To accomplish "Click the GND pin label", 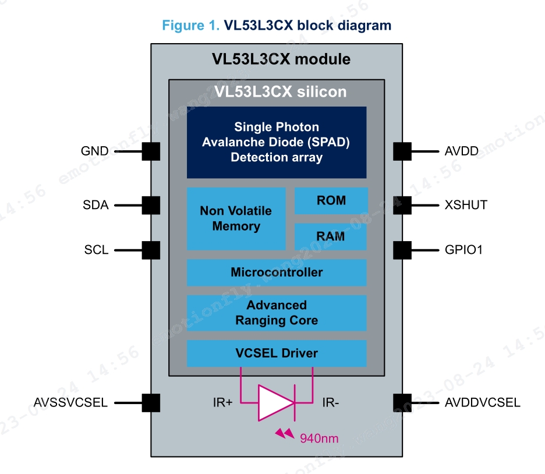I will [x=94, y=151].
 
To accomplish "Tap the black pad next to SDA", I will [x=151, y=205].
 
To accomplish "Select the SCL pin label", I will [x=96, y=250].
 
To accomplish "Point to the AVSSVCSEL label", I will [x=70, y=402].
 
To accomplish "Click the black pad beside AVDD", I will [x=402, y=151].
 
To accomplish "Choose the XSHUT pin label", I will [x=466, y=205].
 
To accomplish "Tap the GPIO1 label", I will [x=464, y=250].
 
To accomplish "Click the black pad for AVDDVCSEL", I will [x=402, y=402].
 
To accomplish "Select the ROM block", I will [x=331, y=201].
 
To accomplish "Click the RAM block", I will [x=331, y=236].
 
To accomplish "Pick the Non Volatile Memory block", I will [x=236, y=218].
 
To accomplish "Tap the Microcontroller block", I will [x=277, y=273].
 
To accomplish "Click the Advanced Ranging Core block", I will [x=277, y=313].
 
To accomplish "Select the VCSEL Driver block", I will [x=277, y=353].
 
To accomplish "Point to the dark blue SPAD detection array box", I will [x=277, y=142].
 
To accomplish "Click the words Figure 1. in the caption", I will [x=187, y=26].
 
